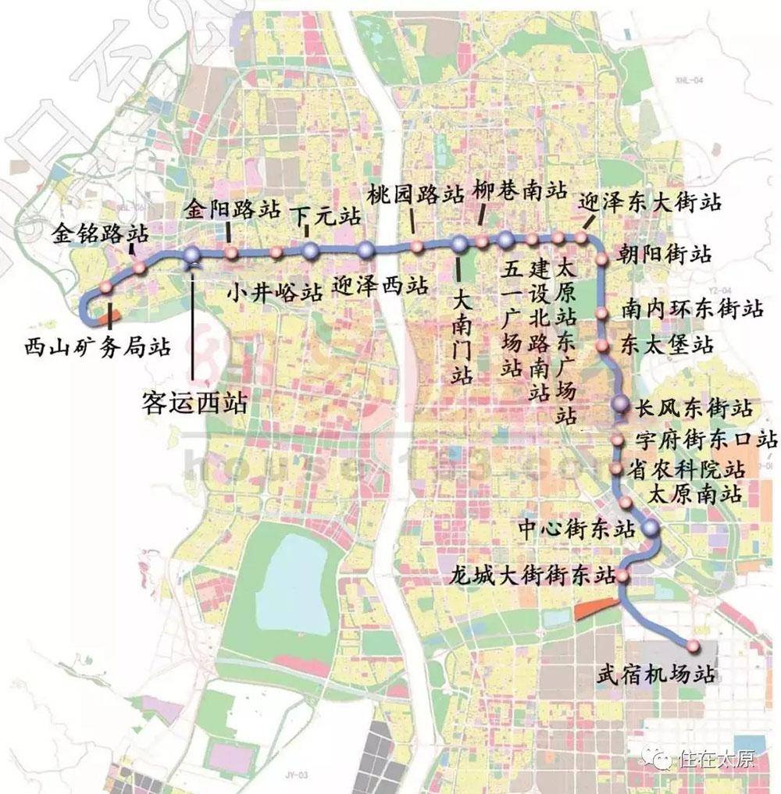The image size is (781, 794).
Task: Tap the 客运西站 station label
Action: pos(194,402)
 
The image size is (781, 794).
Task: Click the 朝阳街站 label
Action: pos(663,255)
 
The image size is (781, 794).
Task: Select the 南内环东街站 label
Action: pos(692,308)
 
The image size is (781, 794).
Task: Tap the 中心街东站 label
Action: pos(576,529)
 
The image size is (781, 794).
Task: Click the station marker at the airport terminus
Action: pos(692,645)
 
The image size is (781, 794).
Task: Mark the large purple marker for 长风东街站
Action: pos(620,404)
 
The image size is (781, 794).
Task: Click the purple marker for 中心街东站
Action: pos(651,530)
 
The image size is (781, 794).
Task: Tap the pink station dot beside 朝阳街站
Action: pos(602,258)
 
